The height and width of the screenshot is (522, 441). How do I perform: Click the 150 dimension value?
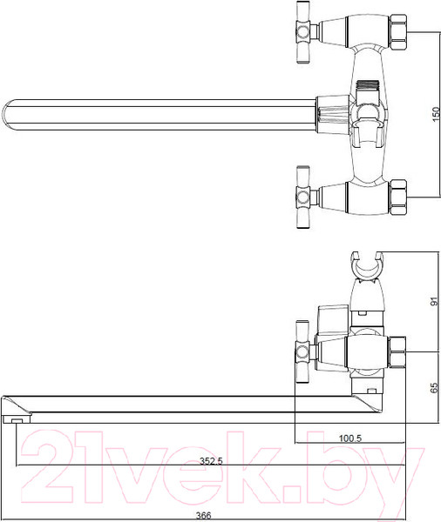coord(436,114)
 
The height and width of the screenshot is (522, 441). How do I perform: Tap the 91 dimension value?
coord(434,301)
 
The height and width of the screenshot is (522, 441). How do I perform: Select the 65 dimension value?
coord(434,387)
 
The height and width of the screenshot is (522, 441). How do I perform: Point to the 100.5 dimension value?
coord(350,438)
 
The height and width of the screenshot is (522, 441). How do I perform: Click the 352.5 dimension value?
coord(211,461)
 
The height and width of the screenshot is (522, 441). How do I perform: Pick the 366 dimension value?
coord(203,516)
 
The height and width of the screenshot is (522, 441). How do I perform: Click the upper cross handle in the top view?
coord(303,32)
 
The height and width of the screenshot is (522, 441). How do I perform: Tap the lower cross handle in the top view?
coord(303,197)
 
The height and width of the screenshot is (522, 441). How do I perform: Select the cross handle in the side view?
coord(302,352)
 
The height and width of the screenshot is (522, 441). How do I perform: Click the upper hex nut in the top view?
coord(398,32)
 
